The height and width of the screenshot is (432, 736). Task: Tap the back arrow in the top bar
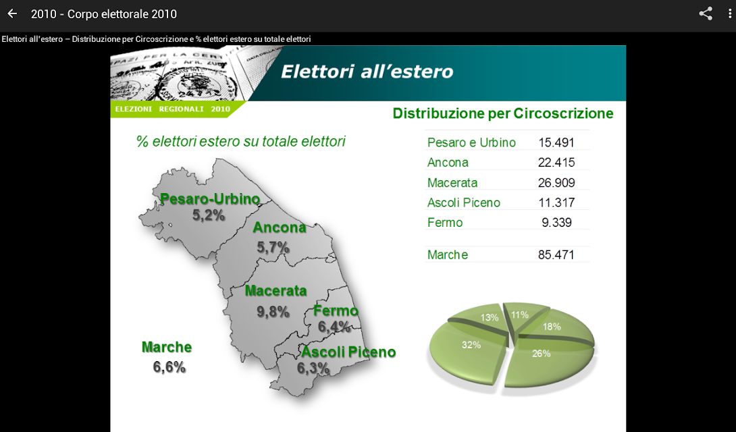(x=12, y=13)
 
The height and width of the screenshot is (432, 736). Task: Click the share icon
(x=706, y=13)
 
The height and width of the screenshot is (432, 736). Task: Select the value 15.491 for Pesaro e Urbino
(x=556, y=142)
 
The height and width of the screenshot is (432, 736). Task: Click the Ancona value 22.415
(x=556, y=163)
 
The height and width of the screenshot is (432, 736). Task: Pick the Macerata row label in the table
(x=452, y=183)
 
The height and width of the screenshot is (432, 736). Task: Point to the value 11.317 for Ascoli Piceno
(x=556, y=202)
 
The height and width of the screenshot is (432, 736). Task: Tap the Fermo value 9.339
(x=556, y=222)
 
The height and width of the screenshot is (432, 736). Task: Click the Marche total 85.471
(x=556, y=254)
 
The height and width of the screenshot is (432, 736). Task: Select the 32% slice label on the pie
(x=471, y=345)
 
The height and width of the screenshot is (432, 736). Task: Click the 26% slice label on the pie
(x=542, y=354)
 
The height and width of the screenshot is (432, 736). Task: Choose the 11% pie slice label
(x=520, y=315)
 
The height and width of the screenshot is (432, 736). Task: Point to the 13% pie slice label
(x=489, y=317)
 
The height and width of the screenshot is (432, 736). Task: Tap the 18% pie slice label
(x=552, y=327)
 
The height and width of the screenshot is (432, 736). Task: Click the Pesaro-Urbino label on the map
(x=210, y=199)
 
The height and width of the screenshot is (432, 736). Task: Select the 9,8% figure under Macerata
(x=273, y=312)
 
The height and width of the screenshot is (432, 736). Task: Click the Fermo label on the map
(x=336, y=310)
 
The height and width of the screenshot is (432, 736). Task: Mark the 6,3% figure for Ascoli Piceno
(x=313, y=369)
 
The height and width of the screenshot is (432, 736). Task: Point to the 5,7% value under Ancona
(x=273, y=247)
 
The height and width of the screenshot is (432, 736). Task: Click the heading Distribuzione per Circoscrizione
(x=503, y=113)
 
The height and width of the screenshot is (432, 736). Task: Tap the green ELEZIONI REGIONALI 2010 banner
(x=176, y=109)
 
